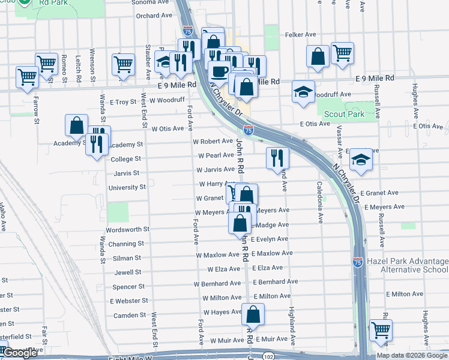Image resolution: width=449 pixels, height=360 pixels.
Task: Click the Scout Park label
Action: pyautogui.click(x=344, y=114)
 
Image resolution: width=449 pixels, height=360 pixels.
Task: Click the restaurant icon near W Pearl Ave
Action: pyautogui.click(x=277, y=158)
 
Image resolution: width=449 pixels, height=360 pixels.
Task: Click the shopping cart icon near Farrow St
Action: pyautogui.click(x=28, y=77)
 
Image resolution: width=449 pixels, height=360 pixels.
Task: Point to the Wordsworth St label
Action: pyautogui.click(x=127, y=230)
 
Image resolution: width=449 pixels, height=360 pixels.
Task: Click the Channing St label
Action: pyautogui.click(x=125, y=244)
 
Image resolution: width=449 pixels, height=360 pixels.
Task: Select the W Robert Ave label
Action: pyautogui.click(x=212, y=142)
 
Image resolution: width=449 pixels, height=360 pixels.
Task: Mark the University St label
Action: pyautogui.click(x=127, y=187)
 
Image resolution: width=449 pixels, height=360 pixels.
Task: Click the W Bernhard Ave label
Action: pyautogui.click(x=217, y=283)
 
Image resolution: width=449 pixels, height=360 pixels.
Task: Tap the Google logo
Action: pyautogui.click(x=20, y=353)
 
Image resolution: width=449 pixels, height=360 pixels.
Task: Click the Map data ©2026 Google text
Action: pyautogui.click(x=412, y=355)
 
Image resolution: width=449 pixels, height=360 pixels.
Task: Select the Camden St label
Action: pyautogui.click(x=130, y=315)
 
